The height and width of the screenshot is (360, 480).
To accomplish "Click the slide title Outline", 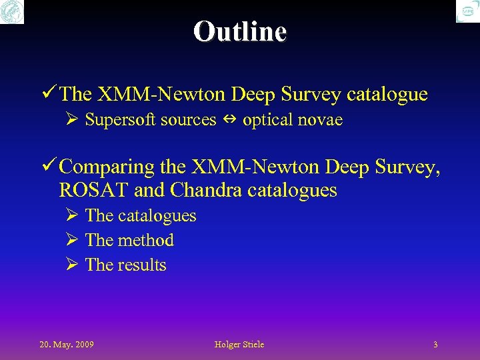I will click(x=240, y=31).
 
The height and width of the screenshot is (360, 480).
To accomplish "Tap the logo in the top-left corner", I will click(x=12, y=11).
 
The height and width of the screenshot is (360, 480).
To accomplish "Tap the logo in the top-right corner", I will click(x=467, y=11).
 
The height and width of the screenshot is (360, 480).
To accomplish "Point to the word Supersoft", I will click(x=117, y=121).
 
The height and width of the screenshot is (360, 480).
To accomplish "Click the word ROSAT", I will click(x=94, y=191).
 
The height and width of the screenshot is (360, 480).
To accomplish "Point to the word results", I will click(x=142, y=265).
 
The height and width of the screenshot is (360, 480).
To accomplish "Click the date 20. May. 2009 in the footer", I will click(x=66, y=345).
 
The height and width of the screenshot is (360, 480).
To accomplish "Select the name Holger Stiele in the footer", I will click(x=239, y=345).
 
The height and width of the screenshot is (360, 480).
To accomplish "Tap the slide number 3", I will click(x=435, y=345).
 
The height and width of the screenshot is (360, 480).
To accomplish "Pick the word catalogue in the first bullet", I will click(x=387, y=95).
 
